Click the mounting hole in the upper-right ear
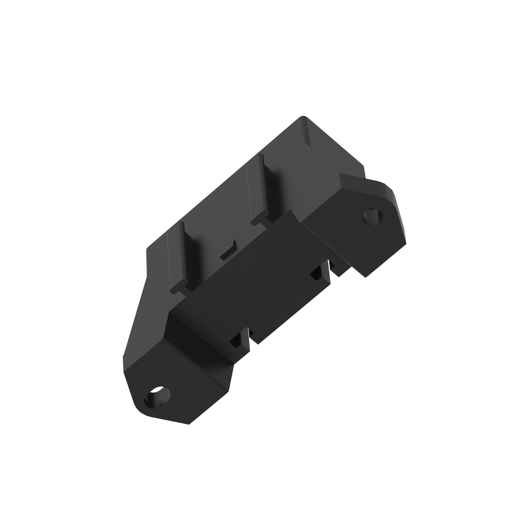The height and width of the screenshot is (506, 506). (373, 217)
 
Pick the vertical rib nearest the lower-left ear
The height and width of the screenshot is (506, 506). (177, 255)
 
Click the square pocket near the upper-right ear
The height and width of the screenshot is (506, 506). (317, 274)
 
